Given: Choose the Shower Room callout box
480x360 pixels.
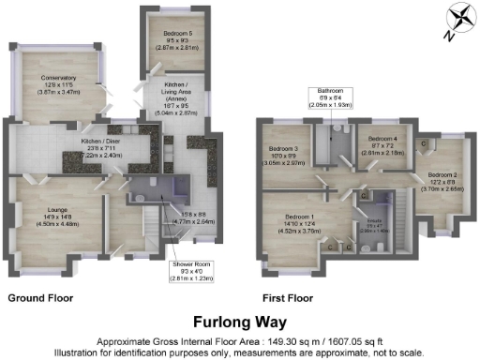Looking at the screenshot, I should (x=192, y=271).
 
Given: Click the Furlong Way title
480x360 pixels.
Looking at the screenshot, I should (x=240, y=322).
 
